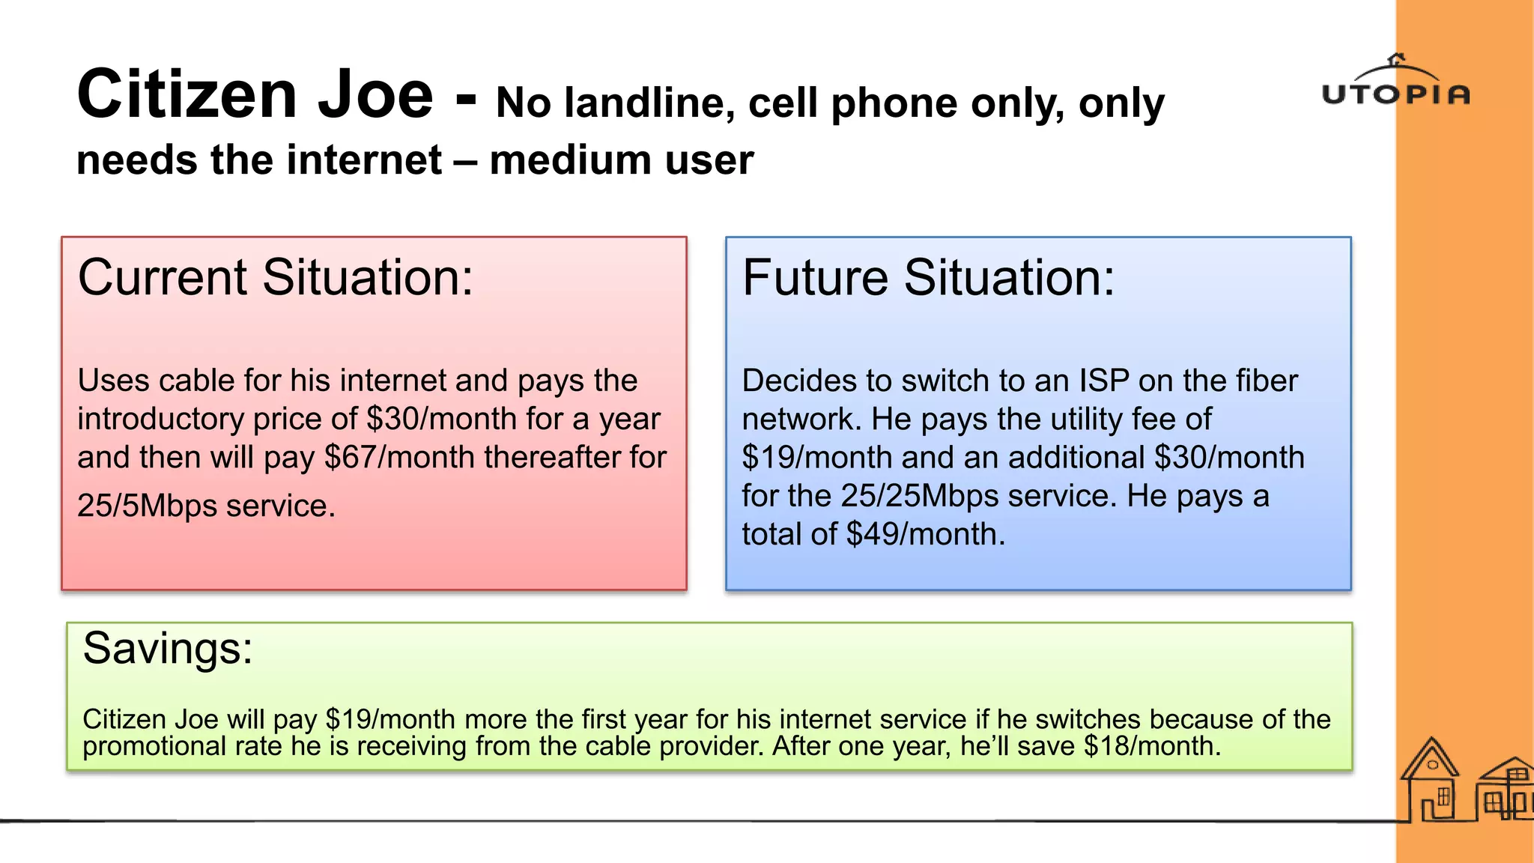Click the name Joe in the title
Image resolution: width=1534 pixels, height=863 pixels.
(x=375, y=95)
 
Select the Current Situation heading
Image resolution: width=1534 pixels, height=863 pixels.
(x=276, y=278)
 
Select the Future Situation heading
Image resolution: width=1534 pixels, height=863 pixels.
(x=928, y=278)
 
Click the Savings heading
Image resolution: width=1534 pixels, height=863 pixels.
(x=168, y=648)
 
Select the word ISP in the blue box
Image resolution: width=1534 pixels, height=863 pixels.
(x=1104, y=381)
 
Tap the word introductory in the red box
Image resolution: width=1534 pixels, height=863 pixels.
(x=160, y=420)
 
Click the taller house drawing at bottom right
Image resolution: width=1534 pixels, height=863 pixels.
(x=1431, y=783)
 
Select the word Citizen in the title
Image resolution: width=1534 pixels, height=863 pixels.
(x=187, y=95)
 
